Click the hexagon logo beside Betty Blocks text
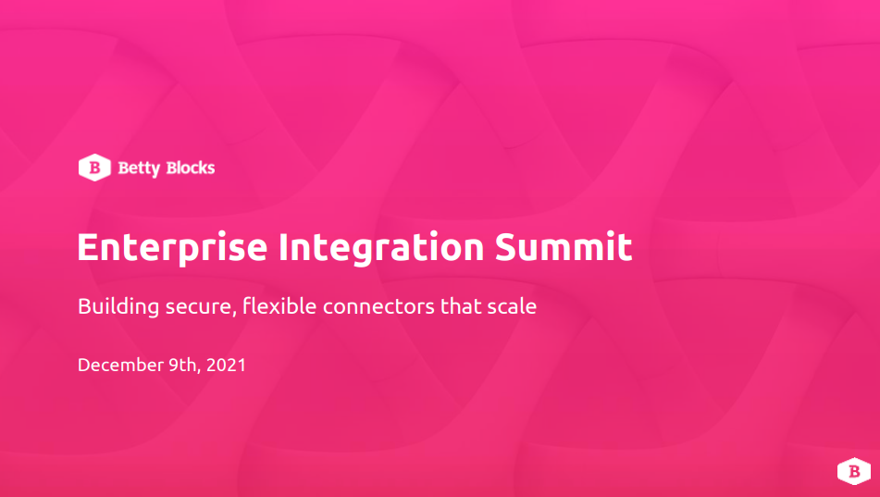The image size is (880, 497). pyautogui.click(x=94, y=168)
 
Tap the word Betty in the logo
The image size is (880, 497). pyautogui.click(x=139, y=168)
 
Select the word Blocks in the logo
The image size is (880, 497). pyautogui.click(x=191, y=168)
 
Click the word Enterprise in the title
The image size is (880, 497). pyautogui.click(x=172, y=248)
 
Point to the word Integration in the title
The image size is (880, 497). pyautogui.click(x=381, y=248)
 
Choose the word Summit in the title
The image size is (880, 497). pyautogui.click(x=564, y=246)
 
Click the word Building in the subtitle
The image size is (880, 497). pyautogui.click(x=118, y=306)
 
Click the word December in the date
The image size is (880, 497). pyautogui.click(x=120, y=365)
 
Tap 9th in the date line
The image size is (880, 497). pyautogui.click(x=182, y=365)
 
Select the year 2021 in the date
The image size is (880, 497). pyautogui.click(x=226, y=365)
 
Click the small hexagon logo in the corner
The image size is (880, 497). pyautogui.click(x=854, y=471)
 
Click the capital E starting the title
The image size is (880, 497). pyautogui.click(x=89, y=246)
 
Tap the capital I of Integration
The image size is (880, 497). pyautogui.click(x=283, y=246)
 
